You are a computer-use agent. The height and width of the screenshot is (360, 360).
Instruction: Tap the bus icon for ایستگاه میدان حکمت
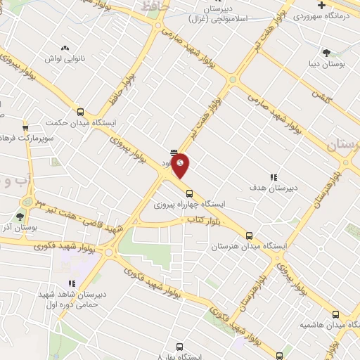click(80, 111)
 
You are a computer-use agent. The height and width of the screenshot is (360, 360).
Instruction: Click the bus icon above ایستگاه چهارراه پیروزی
click(188, 193)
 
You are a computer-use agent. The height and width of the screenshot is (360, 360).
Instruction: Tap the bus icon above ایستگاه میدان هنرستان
click(249, 236)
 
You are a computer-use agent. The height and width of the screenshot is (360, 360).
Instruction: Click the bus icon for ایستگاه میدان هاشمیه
click(335, 314)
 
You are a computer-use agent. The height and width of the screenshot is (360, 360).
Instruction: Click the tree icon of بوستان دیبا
click(326, 52)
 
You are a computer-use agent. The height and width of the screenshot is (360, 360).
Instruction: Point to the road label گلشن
click(321, 95)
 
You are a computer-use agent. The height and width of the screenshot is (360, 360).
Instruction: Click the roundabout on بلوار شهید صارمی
click(232, 79)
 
